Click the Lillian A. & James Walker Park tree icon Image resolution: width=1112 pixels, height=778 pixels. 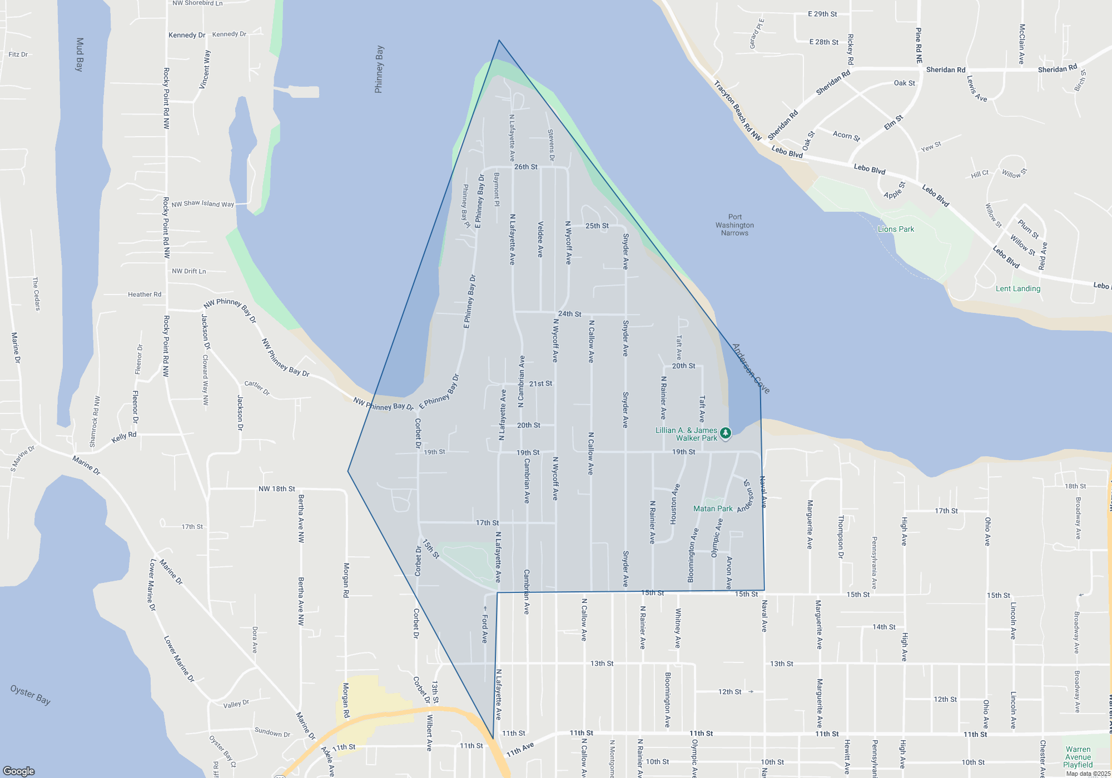click(x=725, y=433)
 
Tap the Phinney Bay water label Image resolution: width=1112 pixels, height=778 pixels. click(x=379, y=69)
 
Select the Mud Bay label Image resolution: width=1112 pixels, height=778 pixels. click(x=80, y=54)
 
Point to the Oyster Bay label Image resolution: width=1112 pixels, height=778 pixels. click(x=31, y=695)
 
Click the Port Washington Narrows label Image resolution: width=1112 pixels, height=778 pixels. click(x=734, y=225)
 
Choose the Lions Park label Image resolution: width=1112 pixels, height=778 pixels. click(x=896, y=229)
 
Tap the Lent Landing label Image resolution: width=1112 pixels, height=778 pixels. click(x=1017, y=288)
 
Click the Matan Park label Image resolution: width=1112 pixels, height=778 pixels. click(x=713, y=508)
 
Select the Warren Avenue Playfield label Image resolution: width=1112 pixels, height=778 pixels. click(x=1078, y=757)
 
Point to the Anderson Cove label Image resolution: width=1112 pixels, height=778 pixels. click(x=751, y=368)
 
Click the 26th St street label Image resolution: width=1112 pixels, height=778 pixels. click(x=525, y=167)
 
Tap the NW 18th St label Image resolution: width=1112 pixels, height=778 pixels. click(x=276, y=489)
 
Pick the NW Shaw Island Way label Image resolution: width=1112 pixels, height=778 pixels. click(x=203, y=204)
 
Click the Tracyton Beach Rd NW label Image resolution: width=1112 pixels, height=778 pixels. click(x=737, y=110)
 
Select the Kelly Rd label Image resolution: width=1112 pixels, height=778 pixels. click(x=124, y=437)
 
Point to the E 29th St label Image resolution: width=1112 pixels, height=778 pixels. click(x=822, y=14)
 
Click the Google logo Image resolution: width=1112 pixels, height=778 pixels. click(x=19, y=771)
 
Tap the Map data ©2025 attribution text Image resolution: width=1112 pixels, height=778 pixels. click(x=1088, y=774)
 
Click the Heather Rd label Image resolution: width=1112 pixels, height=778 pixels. click(x=145, y=295)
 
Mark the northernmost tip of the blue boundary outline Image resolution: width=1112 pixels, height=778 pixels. click(x=499, y=40)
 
